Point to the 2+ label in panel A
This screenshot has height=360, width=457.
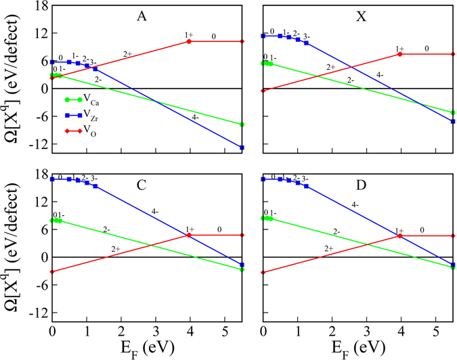(x=128, y=53)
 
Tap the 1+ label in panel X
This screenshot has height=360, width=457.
(x=399, y=49)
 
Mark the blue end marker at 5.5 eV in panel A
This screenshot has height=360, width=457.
(x=242, y=148)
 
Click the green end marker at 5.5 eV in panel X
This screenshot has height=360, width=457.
(x=452, y=112)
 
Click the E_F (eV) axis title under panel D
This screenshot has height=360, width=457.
(x=357, y=348)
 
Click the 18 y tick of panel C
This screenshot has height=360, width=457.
(x=37, y=174)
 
